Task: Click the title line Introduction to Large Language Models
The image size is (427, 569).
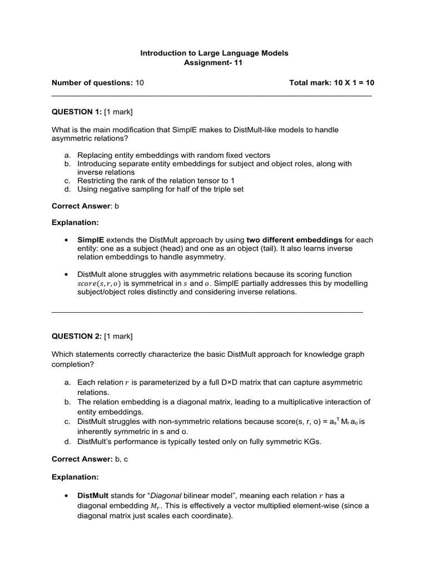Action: tap(214, 53)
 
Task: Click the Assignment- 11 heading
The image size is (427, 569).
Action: tap(213, 63)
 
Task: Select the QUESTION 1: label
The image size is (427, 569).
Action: tap(77, 112)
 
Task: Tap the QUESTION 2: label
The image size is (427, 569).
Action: tap(77, 336)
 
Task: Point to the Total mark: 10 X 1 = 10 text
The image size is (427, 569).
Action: tap(332, 83)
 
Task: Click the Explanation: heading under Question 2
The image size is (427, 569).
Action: tap(75, 477)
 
